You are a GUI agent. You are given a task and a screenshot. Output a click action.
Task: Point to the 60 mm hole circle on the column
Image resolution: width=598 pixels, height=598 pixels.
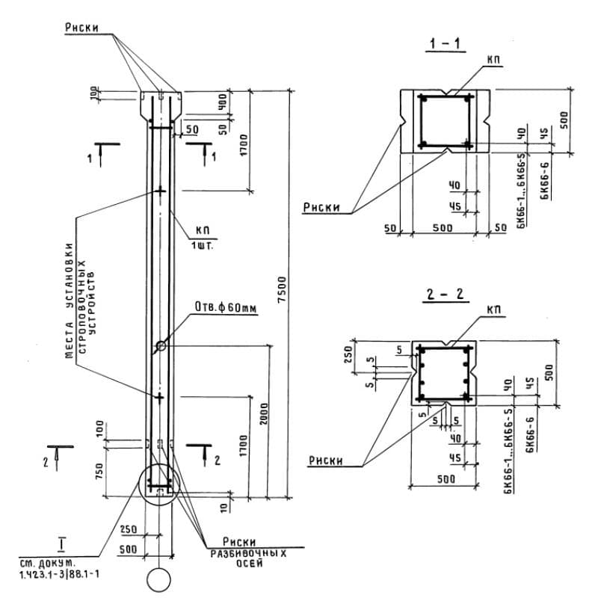click(161, 346)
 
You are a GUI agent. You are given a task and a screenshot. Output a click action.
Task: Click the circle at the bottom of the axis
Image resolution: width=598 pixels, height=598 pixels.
click(160, 579)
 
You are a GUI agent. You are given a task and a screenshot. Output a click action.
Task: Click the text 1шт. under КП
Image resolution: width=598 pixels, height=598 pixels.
click(203, 246)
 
